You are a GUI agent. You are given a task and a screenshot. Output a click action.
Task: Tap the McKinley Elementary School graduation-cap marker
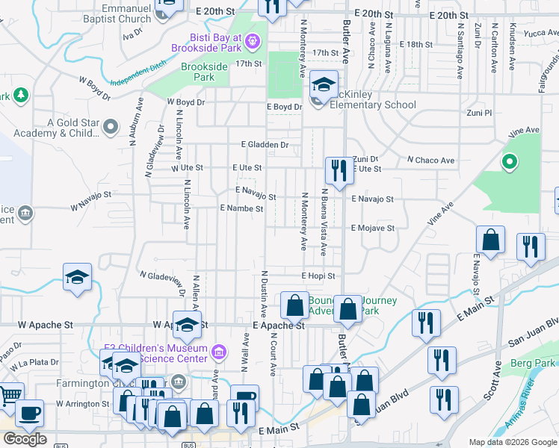(x=324, y=86)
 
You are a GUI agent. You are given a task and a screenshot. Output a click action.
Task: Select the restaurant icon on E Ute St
(x=339, y=171)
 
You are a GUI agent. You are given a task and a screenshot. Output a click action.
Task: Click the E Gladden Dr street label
(x=265, y=144)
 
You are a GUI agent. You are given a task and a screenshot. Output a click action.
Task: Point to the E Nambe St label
(x=241, y=209)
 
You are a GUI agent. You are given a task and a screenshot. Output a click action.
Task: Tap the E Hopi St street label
(x=318, y=276)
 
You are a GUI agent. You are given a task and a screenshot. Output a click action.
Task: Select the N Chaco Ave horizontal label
(x=430, y=161)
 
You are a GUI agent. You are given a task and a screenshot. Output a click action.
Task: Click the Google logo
(x=25, y=439)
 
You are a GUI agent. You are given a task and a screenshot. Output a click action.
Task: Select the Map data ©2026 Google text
(x=513, y=442)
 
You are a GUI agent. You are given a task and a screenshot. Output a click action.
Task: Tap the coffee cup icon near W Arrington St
(x=29, y=413)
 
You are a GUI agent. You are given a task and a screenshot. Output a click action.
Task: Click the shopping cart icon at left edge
(x=9, y=394)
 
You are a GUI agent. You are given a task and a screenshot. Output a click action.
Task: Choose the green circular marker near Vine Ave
(x=510, y=161)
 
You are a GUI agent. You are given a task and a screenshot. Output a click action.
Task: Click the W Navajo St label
(x=91, y=199)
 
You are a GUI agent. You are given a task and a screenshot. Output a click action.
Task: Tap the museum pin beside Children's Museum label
(x=218, y=351)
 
